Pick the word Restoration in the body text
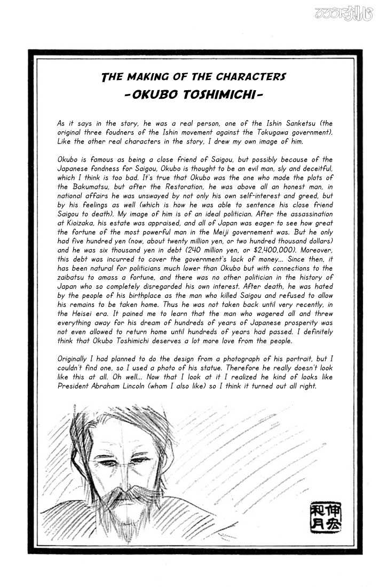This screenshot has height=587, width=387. pyautogui.click(x=163, y=187)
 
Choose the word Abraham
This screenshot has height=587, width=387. pyautogui.click(x=127, y=386)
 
